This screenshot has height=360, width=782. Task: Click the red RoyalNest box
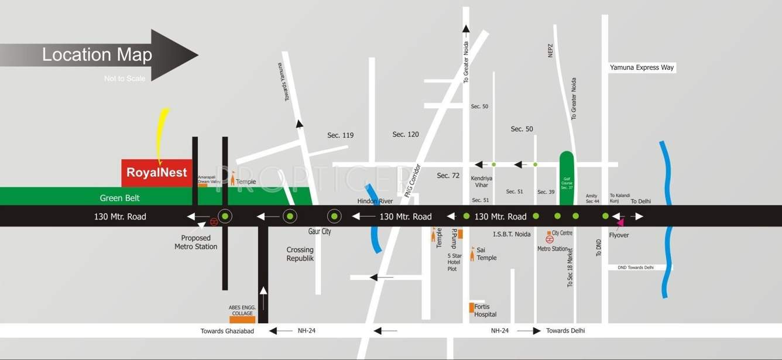(156, 173)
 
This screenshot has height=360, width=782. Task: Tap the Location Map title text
(97, 55)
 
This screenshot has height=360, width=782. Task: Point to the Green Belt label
(120, 198)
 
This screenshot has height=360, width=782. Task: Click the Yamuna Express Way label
(642, 68)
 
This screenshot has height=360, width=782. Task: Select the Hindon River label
(375, 201)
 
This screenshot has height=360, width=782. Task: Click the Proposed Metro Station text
(195, 242)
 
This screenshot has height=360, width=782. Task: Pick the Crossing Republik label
(300, 254)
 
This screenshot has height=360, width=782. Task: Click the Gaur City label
(320, 232)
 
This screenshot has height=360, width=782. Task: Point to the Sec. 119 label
(340, 135)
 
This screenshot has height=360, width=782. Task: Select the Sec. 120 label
(406, 135)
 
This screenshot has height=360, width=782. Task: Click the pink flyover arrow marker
(620, 221)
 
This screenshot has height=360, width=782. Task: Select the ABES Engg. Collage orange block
(242, 320)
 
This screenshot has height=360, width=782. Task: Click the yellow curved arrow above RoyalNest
(163, 133)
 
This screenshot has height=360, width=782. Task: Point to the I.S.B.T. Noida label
(512, 235)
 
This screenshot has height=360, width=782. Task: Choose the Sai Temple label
(486, 254)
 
